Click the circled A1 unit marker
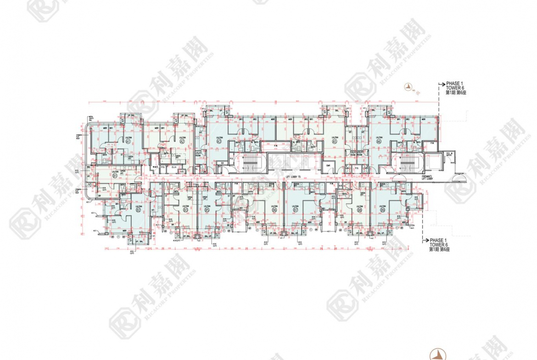pos(129,142)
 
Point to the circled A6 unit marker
pos(379,142)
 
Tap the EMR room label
pos(328,166)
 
